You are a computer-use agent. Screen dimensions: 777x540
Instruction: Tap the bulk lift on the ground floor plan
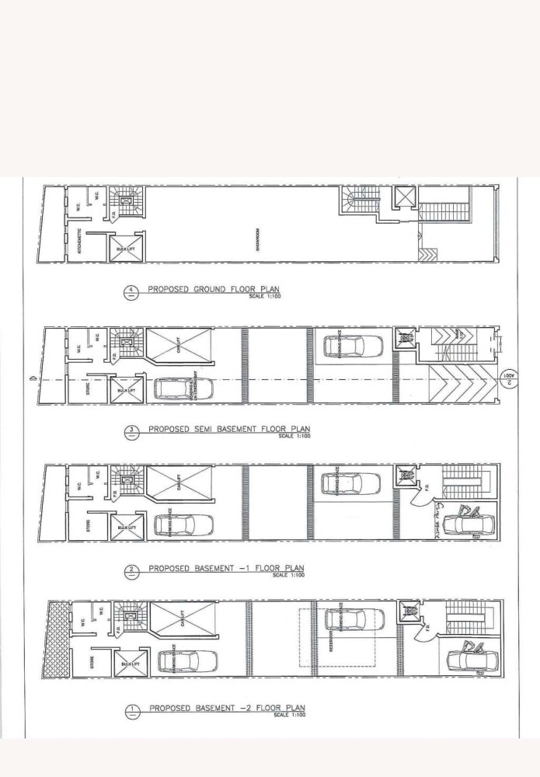tap(126, 249)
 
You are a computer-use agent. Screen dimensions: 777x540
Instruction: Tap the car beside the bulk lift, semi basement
tap(179, 388)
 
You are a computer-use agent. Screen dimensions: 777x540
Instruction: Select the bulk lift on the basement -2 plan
tap(126, 665)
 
